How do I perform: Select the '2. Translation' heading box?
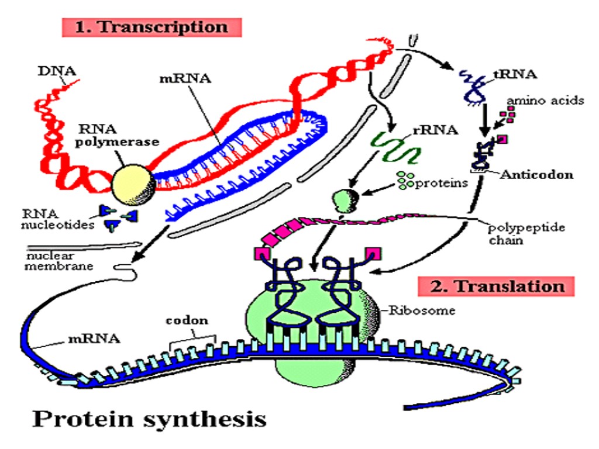(x=497, y=286)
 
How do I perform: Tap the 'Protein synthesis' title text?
(x=149, y=418)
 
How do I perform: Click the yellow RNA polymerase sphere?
(x=133, y=181)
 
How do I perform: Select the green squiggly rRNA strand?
(x=397, y=147)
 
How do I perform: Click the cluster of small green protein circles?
(x=404, y=181)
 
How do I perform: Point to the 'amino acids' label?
(x=545, y=100)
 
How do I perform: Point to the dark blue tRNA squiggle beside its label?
(x=474, y=85)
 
